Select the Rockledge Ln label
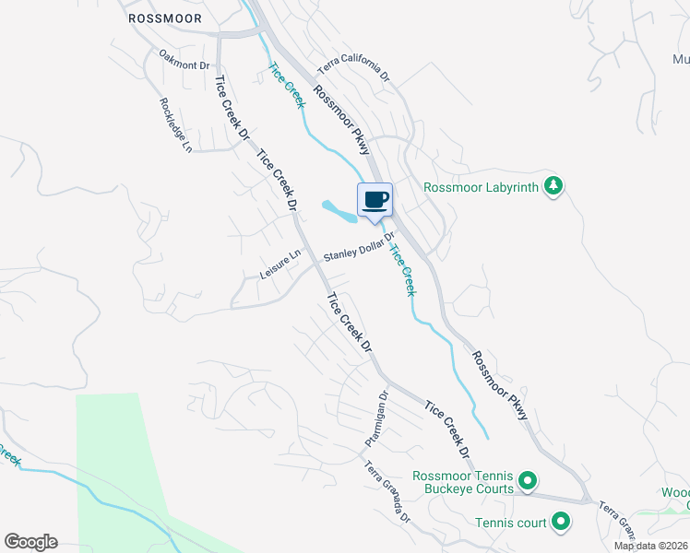tap(174, 124)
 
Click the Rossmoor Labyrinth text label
tap(481, 187)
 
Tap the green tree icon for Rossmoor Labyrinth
tap(553, 186)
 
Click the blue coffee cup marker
tap(375, 201)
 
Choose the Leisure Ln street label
tap(281, 265)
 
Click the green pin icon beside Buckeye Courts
tap(528, 480)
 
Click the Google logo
tap(30, 542)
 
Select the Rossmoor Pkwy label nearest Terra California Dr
tap(341, 119)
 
